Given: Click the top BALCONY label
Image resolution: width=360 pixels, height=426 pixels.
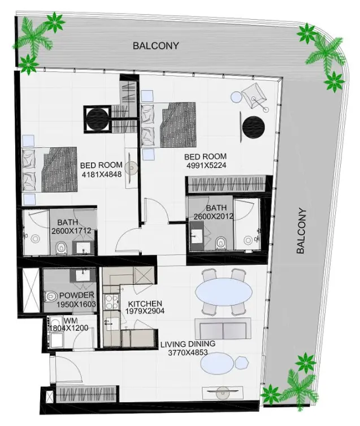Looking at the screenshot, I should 155,46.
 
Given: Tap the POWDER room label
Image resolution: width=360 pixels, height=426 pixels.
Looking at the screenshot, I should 76,295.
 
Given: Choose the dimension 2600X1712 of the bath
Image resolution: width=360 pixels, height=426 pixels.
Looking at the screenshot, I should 71,231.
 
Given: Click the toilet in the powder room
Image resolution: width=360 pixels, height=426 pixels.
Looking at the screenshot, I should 50,295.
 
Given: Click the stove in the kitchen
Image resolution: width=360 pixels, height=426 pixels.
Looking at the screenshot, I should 109,301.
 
